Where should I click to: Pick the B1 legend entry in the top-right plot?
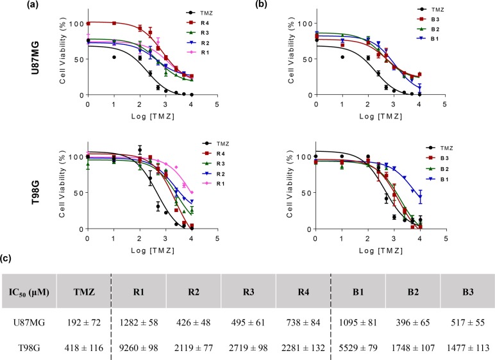click(x=437, y=39)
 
